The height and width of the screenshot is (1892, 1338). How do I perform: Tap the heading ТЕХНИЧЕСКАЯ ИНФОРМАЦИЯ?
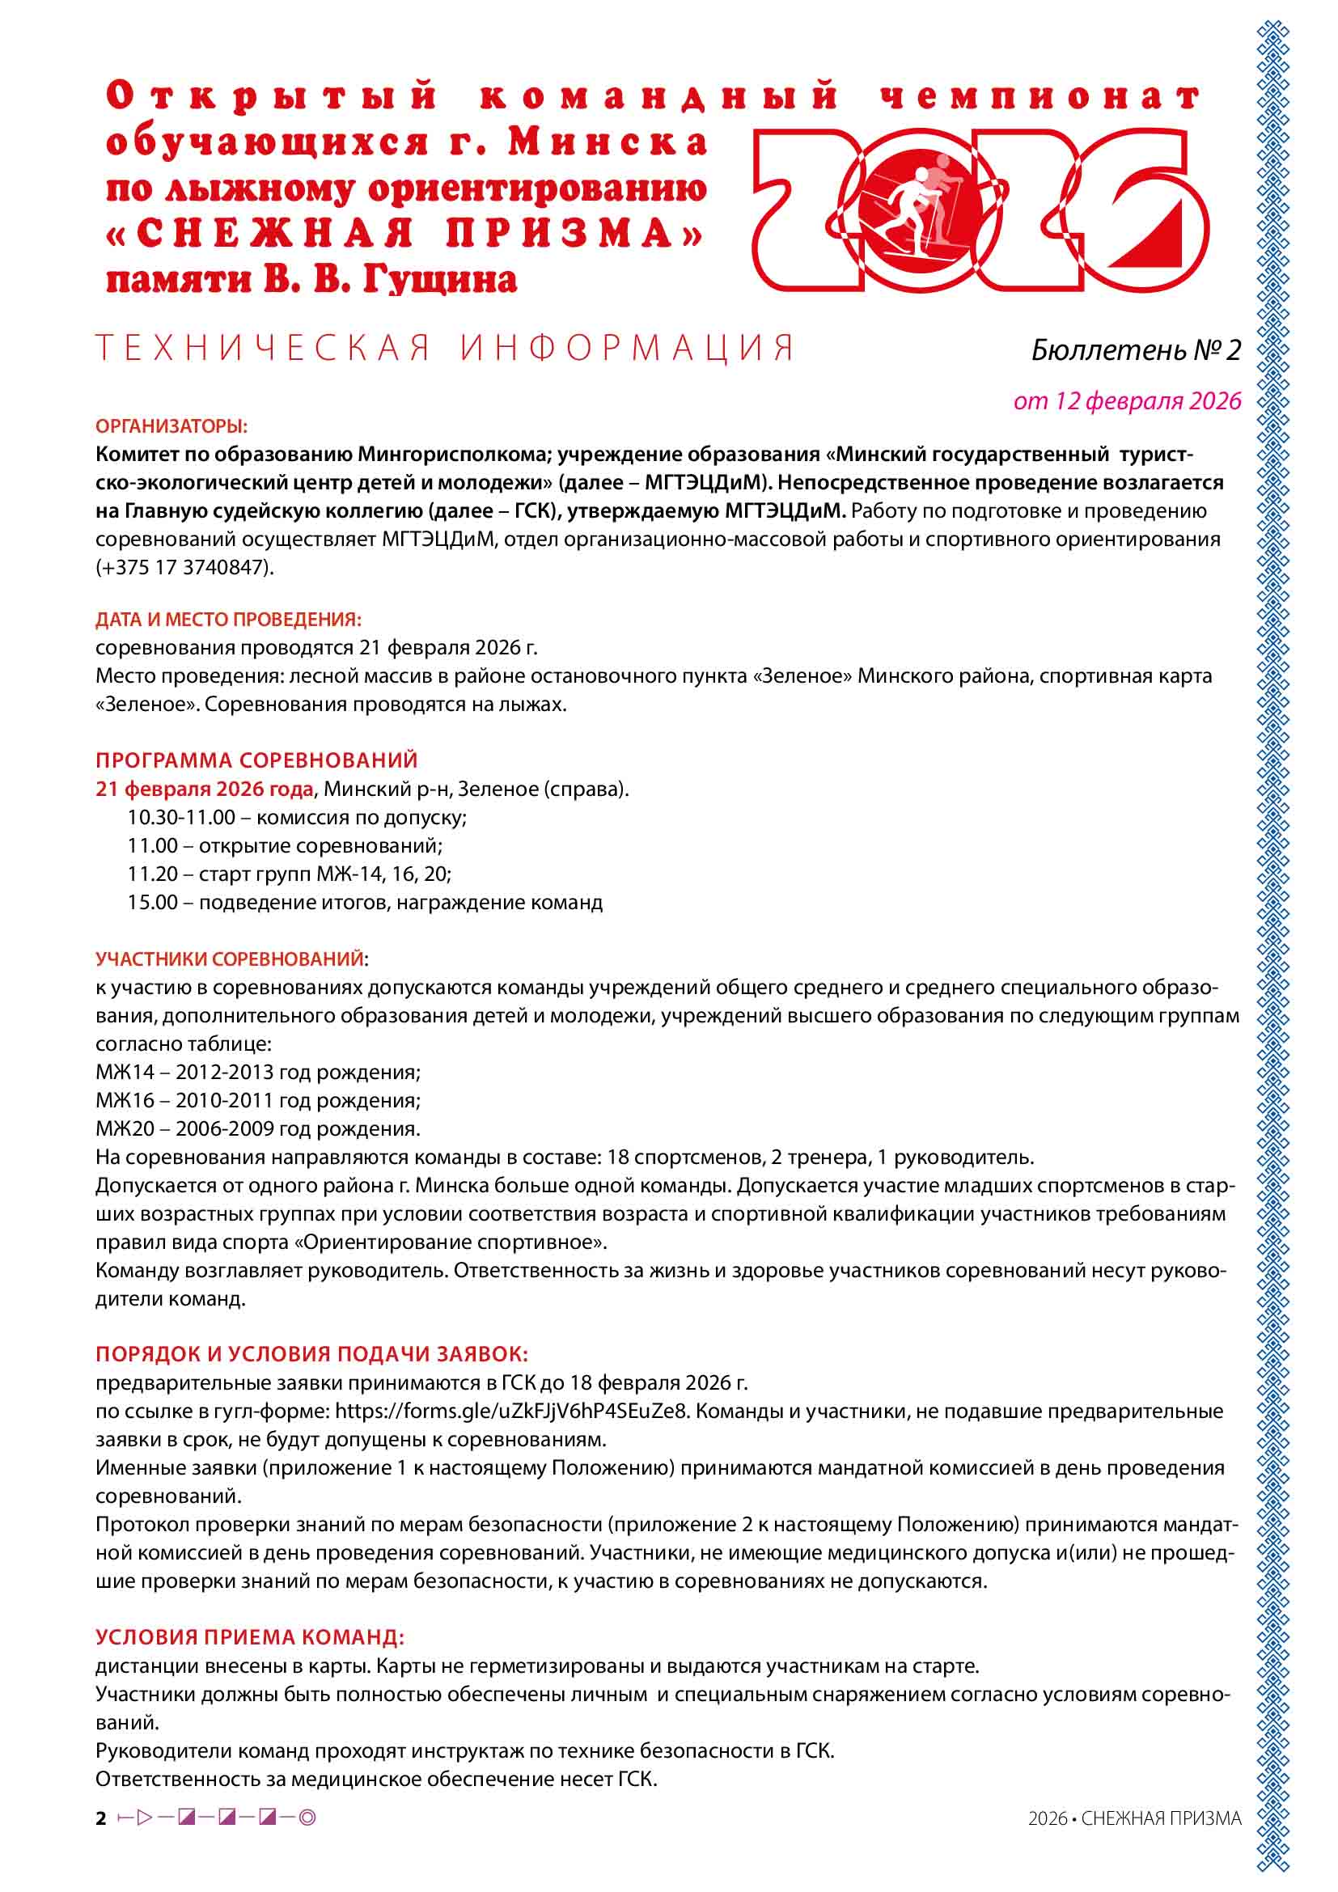pos(445,348)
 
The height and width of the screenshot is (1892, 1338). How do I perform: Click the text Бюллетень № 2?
pos(1135,350)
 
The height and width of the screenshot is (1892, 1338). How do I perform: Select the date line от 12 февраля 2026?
pos(1126,400)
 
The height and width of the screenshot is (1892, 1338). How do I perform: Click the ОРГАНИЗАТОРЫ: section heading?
pos(171,426)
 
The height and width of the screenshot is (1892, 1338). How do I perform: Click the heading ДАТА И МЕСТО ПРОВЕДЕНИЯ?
pos(228,619)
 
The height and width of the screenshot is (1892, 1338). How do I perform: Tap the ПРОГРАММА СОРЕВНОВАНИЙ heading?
pos(256,760)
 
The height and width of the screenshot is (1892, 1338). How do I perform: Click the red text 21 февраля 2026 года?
pos(204,789)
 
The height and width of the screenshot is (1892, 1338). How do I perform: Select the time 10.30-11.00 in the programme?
pos(181,818)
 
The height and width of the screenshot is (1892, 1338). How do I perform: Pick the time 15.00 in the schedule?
pos(152,903)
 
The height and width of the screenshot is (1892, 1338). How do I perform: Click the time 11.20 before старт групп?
pos(152,874)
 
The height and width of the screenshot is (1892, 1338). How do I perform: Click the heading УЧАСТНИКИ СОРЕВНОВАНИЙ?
pos(230,959)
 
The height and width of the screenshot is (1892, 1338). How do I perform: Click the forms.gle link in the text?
pos(510,1411)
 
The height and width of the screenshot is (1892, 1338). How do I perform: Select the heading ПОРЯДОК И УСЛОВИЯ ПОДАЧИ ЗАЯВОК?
pos(311,1354)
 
